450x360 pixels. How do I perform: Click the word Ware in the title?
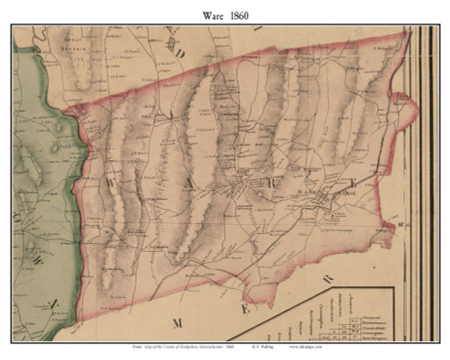(208, 13)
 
